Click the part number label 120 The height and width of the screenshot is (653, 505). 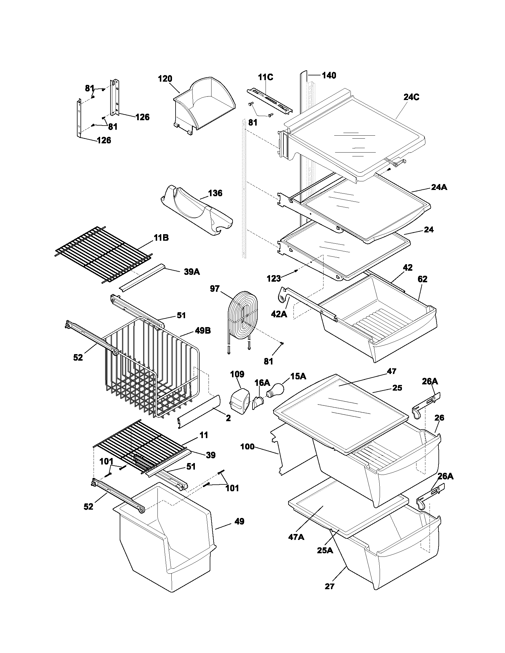click(165, 79)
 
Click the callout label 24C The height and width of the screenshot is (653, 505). click(411, 97)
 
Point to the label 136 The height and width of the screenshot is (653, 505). click(215, 193)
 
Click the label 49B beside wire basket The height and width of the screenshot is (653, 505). click(203, 330)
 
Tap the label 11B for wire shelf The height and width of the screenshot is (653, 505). click(161, 238)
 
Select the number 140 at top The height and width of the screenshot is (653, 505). click(329, 75)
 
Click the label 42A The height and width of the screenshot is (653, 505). click(279, 314)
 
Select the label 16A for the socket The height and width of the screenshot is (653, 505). click(262, 383)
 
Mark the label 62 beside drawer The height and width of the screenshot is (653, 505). click(422, 279)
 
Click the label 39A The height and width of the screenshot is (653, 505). click(192, 272)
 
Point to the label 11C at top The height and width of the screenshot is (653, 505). click(265, 77)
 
